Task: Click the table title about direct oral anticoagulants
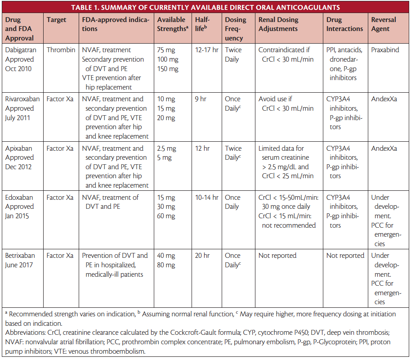(x=205, y=7)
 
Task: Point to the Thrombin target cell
(x=61, y=50)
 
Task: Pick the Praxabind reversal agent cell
(x=385, y=50)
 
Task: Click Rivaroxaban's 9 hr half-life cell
(x=201, y=99)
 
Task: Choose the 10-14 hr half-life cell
(x=206, y=197)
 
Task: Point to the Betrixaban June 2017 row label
(x=21, y=260)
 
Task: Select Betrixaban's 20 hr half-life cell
(x=203, y=256)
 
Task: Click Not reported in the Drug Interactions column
(x=345, y=256)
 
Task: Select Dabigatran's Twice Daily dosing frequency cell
(x=236, y=54)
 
